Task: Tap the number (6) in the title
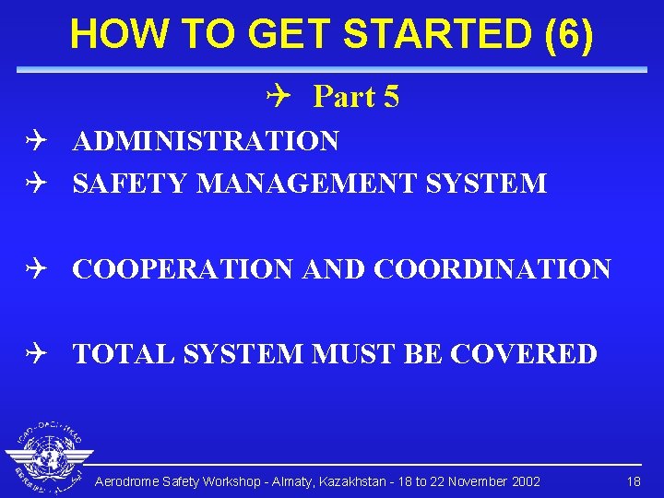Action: tap(569, 34)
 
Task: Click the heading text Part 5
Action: tap(356, 97)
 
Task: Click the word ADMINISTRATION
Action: tap(206, 141)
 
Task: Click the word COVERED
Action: tap(527, 354)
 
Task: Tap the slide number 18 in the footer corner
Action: tap(634, 482)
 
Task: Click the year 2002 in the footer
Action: tap(525, 482)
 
